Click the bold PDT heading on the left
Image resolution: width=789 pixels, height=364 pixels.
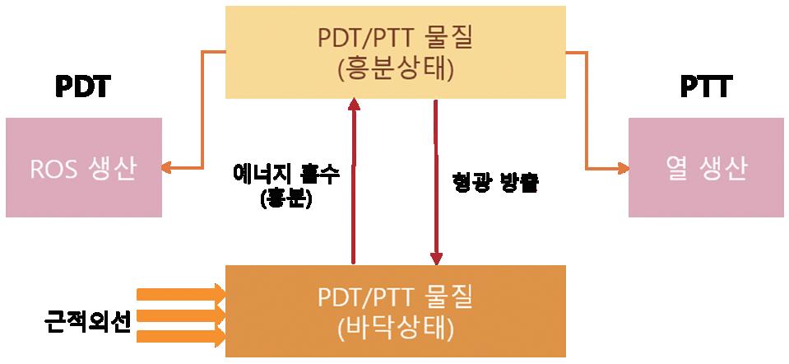tap(82, 86)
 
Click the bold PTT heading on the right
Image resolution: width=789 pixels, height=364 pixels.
tap(706, 86)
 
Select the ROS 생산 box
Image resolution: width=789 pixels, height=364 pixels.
tap(83, 167)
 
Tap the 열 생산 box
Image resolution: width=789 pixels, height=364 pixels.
tap(706, 167)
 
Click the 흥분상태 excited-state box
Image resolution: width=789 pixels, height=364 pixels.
tap(396, 51)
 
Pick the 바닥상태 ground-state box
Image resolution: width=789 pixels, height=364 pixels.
tap(396, 310)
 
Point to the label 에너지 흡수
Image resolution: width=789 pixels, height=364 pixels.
tap(285, 176)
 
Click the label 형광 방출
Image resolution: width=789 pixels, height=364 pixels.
tap(495, 182)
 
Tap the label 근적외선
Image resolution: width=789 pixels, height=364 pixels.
tap(88, 320)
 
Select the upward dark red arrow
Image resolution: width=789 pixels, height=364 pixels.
tap(354, 181)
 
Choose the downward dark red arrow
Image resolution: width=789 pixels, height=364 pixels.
tap(436, 181)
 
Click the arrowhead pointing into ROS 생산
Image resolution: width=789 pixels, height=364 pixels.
tap(166, 167)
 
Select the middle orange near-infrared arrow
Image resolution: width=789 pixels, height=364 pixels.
tap(181, 315)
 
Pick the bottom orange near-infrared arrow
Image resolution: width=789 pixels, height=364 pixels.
tap(181, 336)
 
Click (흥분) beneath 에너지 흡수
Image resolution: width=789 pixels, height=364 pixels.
tap(285, 200)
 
